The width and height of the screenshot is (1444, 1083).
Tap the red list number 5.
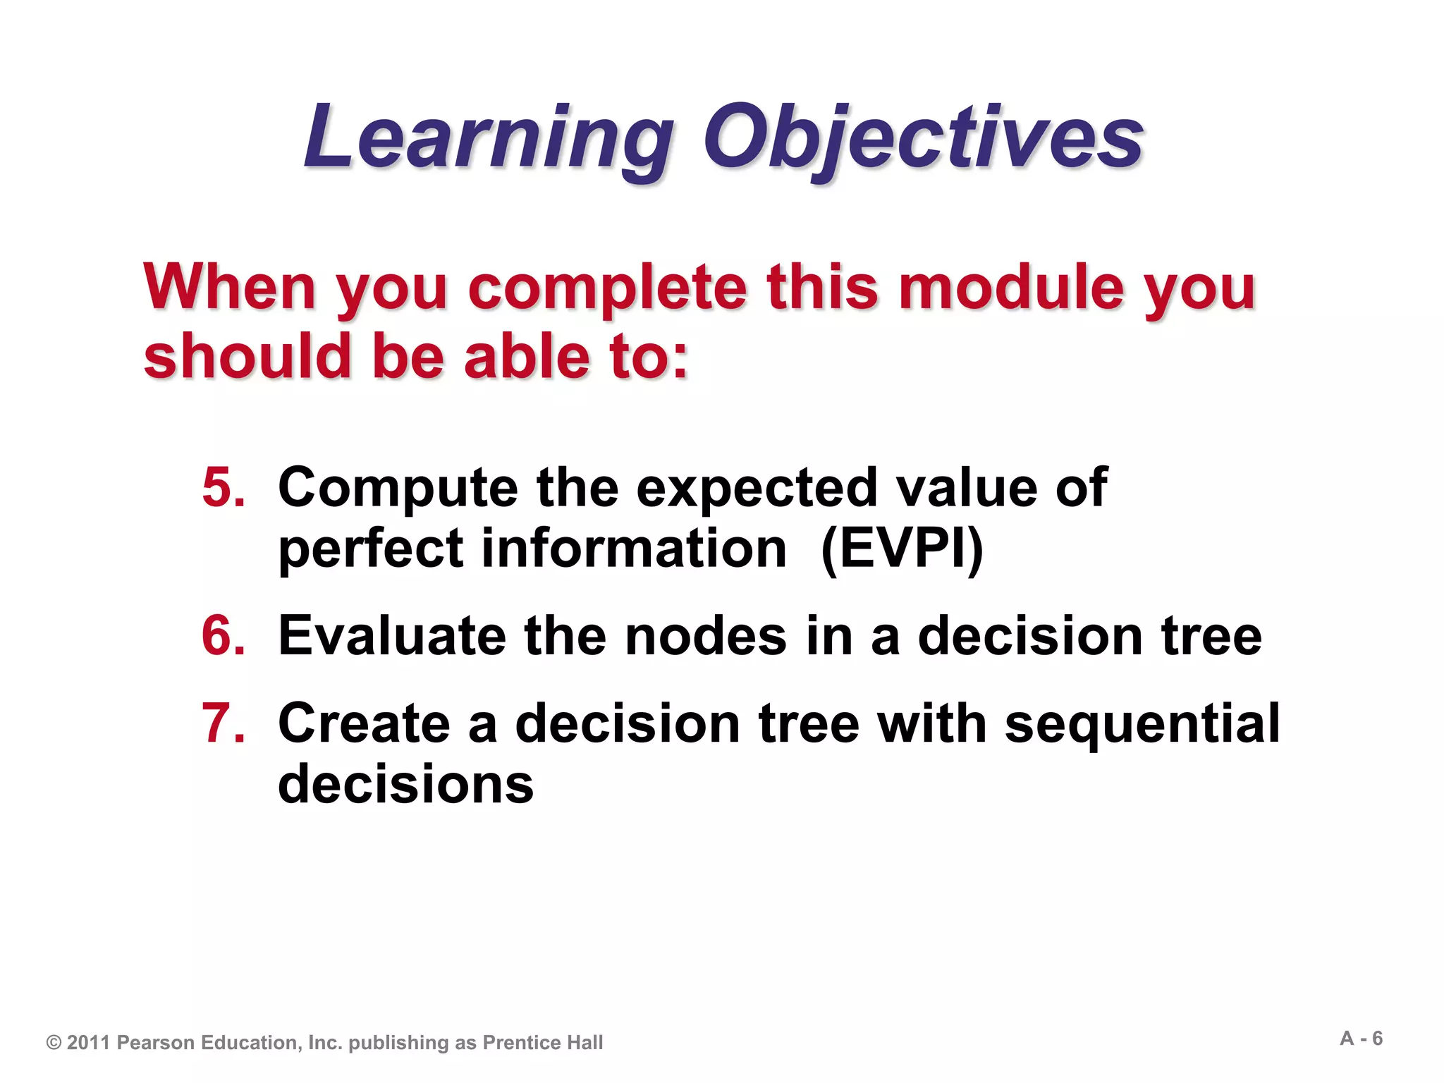tap(223, 487)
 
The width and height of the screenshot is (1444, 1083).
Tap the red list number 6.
tap(223, 636)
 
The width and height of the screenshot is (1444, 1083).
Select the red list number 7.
tap(223, 723)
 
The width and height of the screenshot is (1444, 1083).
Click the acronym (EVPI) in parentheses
tap(902, 549)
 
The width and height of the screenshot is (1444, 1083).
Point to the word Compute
tap(398, 489)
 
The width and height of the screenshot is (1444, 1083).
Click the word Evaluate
tap(392, 636)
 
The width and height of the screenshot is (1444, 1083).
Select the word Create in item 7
tap(364, 724)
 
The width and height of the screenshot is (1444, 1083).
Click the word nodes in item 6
tap(706, 636)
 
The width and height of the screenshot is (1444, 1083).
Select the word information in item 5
tap(634, 549)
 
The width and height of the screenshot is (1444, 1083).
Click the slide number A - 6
tap(1361, 1039)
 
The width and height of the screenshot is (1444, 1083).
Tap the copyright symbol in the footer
tap(54, 1043)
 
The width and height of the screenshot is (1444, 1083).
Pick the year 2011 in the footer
tap(89, 1043)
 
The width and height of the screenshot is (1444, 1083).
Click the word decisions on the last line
tap(406, 784)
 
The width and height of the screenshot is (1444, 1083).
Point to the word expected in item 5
tap(756, 489)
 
